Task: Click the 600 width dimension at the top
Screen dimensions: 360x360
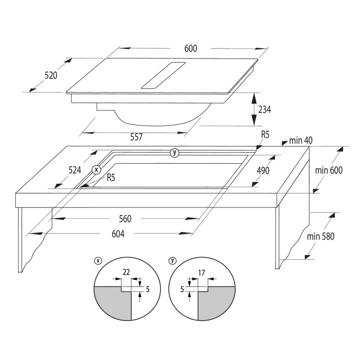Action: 190,49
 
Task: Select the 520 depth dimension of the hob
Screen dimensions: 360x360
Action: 51,75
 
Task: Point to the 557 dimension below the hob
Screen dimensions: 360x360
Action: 136,137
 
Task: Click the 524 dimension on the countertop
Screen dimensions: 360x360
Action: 75,170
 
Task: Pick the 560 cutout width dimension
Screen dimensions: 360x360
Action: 125,219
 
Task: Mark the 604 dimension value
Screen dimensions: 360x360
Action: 118,234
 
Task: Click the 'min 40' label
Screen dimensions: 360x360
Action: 301,141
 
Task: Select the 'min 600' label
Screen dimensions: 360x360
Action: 329,170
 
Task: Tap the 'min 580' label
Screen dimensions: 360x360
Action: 320,236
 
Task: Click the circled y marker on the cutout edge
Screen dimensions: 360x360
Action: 175,153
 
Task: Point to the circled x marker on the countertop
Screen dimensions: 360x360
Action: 95,170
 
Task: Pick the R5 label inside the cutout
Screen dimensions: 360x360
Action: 111,177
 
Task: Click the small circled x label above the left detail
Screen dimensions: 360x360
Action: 98,260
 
